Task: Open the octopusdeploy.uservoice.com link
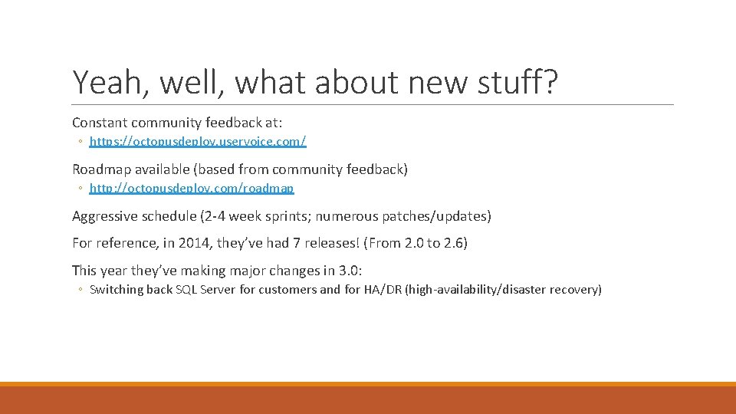198,141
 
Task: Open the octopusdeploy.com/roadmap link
192,188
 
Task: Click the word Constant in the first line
100,122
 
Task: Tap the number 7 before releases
288,243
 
